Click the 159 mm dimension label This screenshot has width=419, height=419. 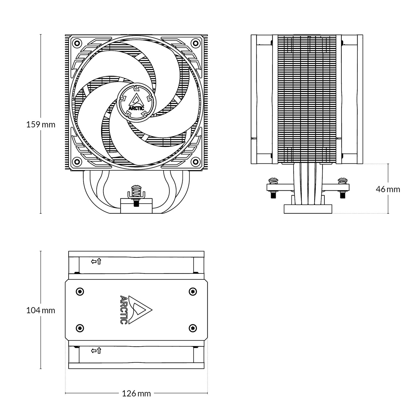pyautogui.click(x=41, y=124)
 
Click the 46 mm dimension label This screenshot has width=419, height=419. pyautogui.click(x=388, y=189)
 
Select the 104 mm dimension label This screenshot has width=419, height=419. pyautogui.click(x=41, y=310)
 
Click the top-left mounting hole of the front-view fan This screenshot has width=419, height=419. pyautogui.click(x=77, y=42)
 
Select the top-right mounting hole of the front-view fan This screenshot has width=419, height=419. pyautogui.click(x=195, y=42)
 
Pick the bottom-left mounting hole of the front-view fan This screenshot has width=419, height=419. pyautogui.click(x=77, y=161)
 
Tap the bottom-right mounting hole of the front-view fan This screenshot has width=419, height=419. pyautogui.click(x=195, y=161)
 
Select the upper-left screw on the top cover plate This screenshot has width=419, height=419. pyautogui.click(x=80, y=291)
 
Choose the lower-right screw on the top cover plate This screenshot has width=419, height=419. pyautogui.click(x=193, y=328)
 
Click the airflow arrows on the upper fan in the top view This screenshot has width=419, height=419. pyautogui.click(x=96, y=261)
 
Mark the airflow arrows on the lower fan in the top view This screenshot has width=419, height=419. pyautogui.click(x=96, y=351)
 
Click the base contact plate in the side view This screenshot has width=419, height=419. pyautogui.click(x=308, y=209)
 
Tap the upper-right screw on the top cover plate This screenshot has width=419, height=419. pyautogui.click(x=193, y=291)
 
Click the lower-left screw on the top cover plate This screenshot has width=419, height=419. pyautogui.click(x=80, y=328)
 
